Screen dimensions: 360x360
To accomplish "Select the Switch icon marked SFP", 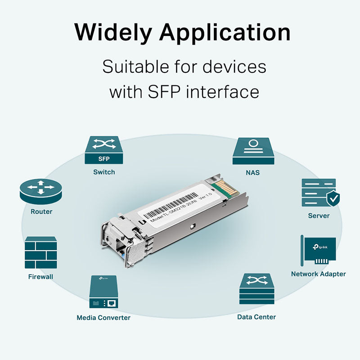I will click(103, 151).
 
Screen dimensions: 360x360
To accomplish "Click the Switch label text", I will click(104, 172).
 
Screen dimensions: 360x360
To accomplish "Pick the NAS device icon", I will click(253, 151).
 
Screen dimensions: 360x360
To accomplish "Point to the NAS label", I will click(253, 172).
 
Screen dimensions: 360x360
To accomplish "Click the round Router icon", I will click(40, 191).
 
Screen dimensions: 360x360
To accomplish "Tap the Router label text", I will click(41, 211).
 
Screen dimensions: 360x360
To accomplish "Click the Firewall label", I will click(40, 277).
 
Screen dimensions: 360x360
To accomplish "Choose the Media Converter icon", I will click(103, 292).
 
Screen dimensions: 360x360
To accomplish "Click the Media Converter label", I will click(103, 318).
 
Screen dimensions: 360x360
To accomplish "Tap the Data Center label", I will click(256, 317).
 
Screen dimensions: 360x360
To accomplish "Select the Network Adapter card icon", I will click(318, 251).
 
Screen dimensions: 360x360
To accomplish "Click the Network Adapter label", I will click(318, 274).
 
